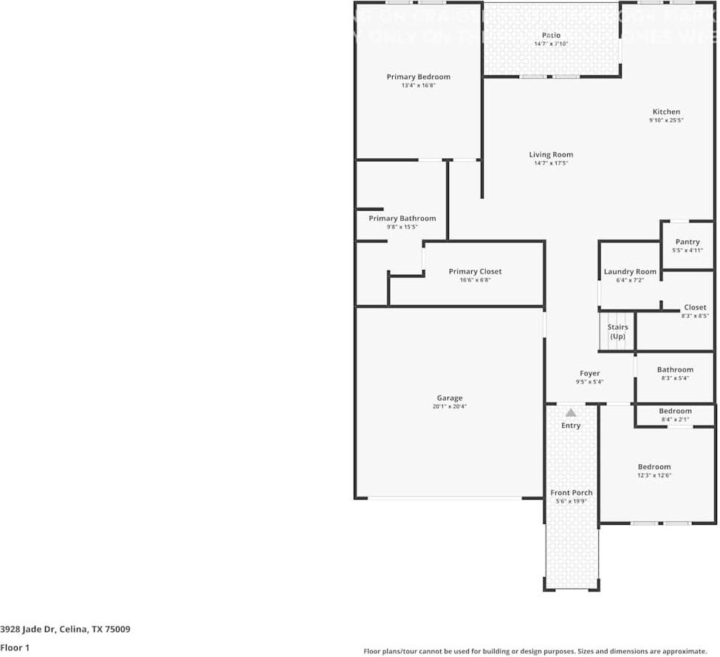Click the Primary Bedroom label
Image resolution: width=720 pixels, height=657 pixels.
coord(418,77)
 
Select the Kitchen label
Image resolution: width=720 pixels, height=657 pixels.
coord(665,112)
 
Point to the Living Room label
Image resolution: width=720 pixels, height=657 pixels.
coord(551,154)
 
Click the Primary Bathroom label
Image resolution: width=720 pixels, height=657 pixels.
coord(402,218)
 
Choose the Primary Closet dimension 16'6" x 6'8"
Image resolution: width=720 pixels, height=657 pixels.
coord(475,280)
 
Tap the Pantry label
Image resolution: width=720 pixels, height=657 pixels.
coord(687,242)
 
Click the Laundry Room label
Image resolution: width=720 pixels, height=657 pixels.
coord(629,271)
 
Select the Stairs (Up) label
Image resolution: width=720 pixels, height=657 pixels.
coord(617,331)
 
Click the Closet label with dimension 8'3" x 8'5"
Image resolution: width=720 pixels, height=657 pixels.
coord(694,307)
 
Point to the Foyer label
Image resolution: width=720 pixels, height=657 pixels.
coord(589,373)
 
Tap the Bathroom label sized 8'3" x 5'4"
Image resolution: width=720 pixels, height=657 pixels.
coord(675,370)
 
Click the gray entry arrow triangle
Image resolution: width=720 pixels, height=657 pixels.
coord(571,412)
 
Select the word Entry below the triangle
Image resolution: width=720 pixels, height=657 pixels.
coord(571,426)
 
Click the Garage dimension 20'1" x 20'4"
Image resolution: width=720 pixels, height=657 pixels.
coord(449,406)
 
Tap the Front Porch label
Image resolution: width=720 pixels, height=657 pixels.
coord(571,492)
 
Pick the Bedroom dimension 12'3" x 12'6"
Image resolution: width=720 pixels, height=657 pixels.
coord(654,475)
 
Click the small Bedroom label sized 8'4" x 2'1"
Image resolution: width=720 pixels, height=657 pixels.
coord(675,411)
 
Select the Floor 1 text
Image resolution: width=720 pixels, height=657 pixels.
coord(14,647)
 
